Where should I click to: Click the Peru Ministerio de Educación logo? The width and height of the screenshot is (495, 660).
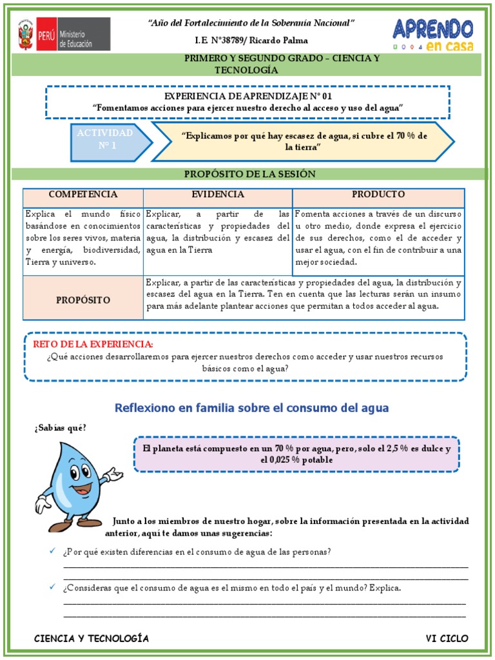63,34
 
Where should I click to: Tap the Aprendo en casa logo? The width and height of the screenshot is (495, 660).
432,34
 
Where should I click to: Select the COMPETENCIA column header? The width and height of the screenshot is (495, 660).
83,195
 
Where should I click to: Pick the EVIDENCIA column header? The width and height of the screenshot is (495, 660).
218,195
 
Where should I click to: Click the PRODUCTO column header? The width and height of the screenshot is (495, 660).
378,195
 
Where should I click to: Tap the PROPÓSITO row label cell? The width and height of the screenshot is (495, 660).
83,300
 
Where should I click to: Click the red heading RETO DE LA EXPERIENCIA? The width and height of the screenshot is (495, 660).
93,344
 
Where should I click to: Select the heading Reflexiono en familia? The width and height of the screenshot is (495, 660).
251,408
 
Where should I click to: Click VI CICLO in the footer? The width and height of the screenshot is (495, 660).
447,639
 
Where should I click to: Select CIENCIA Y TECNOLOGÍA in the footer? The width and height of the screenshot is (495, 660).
92,639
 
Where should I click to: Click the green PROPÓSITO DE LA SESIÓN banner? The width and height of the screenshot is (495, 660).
250,174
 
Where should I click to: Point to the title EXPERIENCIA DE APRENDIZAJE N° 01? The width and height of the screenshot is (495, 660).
248,96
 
